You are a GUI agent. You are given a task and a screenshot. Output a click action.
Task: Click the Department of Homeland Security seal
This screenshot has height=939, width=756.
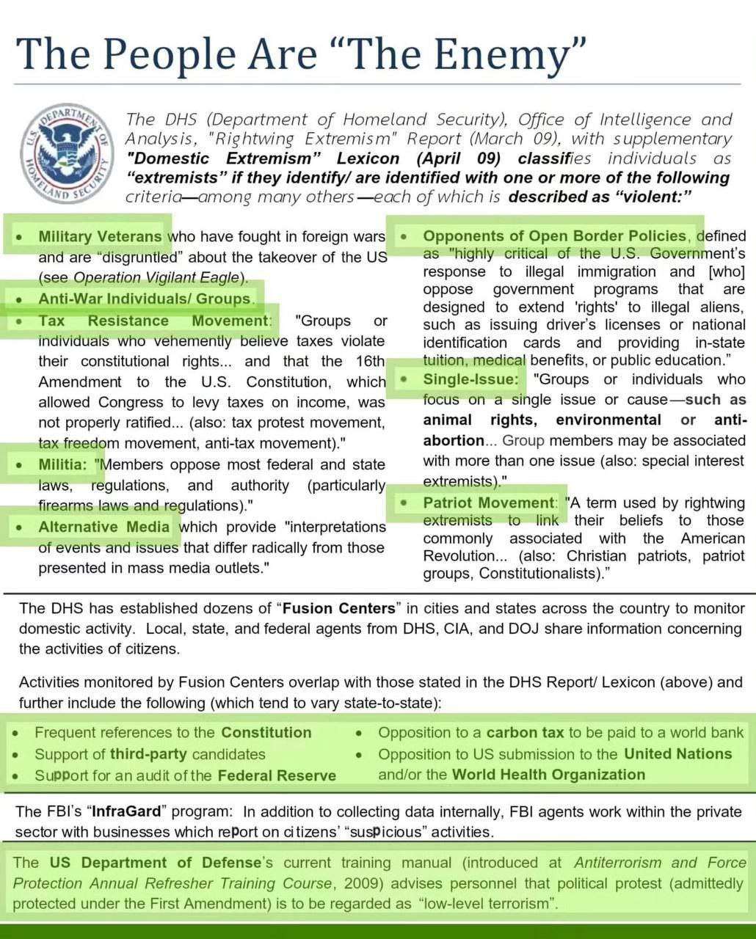pyautogui.click(x=66, y=155)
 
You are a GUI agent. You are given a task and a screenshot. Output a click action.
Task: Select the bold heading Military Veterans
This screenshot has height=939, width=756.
pyautogui.click(x=100, y=236)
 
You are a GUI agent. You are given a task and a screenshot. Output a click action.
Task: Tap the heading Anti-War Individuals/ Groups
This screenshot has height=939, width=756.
pyautogui.click(x=145, y=299)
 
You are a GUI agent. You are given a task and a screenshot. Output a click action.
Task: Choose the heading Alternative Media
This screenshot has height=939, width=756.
pyautogui.click(x=104, y=527)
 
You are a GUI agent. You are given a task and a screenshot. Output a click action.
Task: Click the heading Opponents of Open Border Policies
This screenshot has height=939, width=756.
pyautogui.click(x=555, y=235)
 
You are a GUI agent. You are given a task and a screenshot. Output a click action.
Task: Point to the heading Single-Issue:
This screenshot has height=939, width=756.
pyautogui.click(x=470, y=379)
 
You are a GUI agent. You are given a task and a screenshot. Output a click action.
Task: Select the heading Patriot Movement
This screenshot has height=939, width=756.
pyautogui.click(x=488, y=503)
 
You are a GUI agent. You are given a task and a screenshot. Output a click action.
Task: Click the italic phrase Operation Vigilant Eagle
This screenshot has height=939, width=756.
pyautogui.click(x=157, y=277)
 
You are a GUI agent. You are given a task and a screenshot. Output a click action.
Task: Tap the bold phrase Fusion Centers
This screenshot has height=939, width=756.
pyautogui.click(x=339, y=608)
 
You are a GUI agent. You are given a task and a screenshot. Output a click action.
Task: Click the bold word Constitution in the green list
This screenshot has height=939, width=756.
pyautogui.click(x=266, y=732)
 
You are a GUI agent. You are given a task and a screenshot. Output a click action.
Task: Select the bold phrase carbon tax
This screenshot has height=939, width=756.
pyautogui.click(x=525, y=732)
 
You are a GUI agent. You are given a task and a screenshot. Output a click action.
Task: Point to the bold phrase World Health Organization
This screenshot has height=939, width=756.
pyautogui.click(x=548, y=775)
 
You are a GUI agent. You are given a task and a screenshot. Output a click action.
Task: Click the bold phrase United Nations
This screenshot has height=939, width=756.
pyautogui.click(x=677, y=753)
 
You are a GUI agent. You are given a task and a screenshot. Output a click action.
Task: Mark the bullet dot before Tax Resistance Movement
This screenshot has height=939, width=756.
pyautogui.click(x=20, y=321)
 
